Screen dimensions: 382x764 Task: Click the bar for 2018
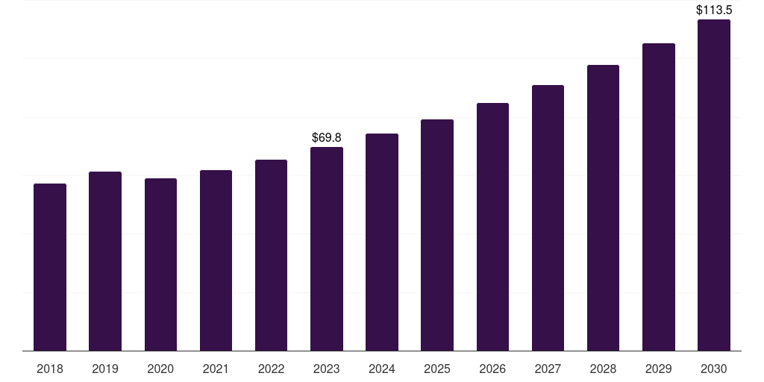pos(50,267)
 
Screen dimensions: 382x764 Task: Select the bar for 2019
pos(105,261)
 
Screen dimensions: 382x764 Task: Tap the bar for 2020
pos(160,265)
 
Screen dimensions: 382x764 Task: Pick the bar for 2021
pos(216,260)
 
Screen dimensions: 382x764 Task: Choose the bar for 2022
pos(271,255)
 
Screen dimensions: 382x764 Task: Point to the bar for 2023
pos(327,249)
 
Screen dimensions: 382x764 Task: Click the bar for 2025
pos(437,235)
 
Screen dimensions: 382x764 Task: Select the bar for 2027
pos(548,218)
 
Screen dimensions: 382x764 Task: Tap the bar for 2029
pos(658,197)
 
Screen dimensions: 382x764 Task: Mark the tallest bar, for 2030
pos(714,185)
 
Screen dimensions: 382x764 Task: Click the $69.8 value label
pos(327,138)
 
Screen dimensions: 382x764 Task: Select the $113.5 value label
pos(714,10)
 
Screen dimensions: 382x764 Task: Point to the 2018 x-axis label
pos(50,369)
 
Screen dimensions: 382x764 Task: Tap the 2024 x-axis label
pos(382,369)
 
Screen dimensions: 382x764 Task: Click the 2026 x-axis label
pos(492,369)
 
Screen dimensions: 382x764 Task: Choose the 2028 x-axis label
pos(603,369)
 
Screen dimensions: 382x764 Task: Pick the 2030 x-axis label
pos(714,369)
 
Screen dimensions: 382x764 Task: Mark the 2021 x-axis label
pos(216,369)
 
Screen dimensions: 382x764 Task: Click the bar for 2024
pos(382,242)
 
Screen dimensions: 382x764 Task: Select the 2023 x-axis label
pos(327,369)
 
